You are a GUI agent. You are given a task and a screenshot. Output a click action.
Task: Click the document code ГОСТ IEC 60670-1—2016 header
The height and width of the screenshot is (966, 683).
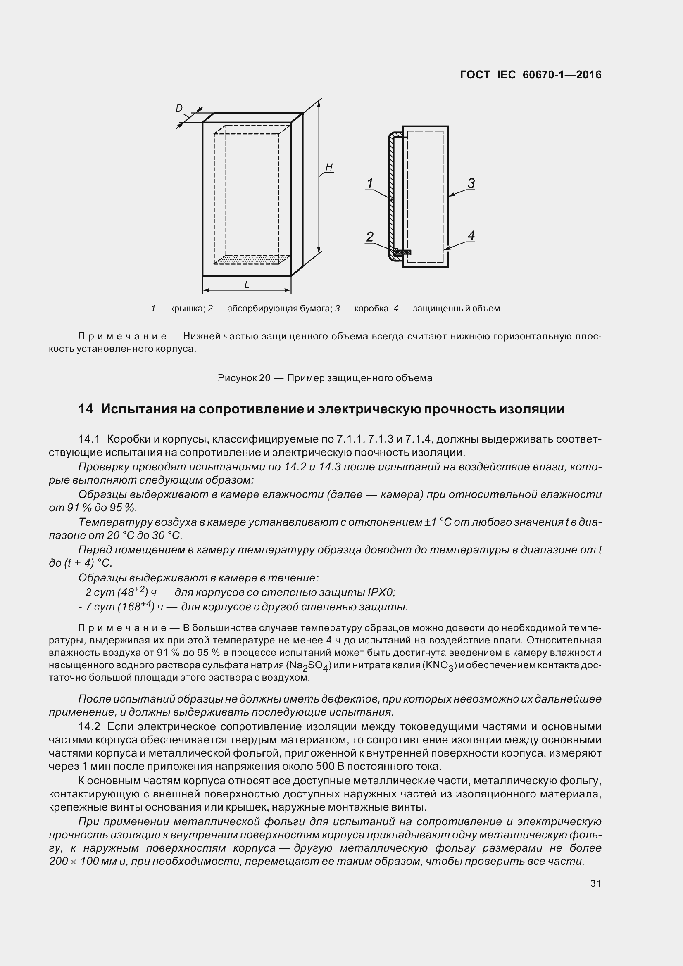(x=531, y=75)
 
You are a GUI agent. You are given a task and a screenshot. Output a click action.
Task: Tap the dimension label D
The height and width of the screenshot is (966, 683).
(x=179, y=109)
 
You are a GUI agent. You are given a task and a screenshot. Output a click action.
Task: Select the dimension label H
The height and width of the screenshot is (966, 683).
(x=329, y=167)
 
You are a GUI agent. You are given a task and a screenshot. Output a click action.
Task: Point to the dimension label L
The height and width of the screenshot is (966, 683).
(x=247, y=285)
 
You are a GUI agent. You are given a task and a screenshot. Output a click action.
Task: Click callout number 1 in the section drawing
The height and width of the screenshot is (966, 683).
(x=369, y=183)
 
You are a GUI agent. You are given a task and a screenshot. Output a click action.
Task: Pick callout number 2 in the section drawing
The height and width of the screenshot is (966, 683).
(x=369, y=237)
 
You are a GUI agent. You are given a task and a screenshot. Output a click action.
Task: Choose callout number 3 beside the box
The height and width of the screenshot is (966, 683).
(x=471, y=183)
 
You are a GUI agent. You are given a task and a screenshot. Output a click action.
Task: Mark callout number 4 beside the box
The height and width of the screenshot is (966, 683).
(x=471, y=235)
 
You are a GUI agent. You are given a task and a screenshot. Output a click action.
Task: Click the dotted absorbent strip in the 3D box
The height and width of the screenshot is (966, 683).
(x=252, y=260)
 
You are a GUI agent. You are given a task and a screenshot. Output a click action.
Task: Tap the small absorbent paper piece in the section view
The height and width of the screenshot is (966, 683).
(x=403, y=252)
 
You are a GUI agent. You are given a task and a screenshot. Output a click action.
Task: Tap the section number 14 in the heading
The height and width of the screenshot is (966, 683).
(x=86, y=409)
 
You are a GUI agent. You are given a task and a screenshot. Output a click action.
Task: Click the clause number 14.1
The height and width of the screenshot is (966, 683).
(x=89, y=439)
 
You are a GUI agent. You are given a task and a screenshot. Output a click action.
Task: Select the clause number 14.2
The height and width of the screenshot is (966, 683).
(x=89, y=726)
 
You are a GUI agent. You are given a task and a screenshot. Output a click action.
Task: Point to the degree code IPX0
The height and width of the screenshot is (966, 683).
(x=381, y=592)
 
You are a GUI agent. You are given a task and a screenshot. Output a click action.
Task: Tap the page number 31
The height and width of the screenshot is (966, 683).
(x=595, y=883)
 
